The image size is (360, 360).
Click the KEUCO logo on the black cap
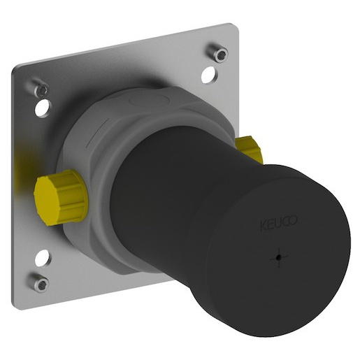click(x=278, y=223)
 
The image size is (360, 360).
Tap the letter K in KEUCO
click(x=263, y=226)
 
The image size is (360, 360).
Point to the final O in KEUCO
click(x=294, y=220)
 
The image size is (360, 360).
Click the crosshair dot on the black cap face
click(x=279, y=257)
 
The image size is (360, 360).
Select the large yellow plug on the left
click(x=61, y=197)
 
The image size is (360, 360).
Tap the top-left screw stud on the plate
click(x=40, y=88)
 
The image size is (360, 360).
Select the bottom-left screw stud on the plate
click(x=41, y=282)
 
